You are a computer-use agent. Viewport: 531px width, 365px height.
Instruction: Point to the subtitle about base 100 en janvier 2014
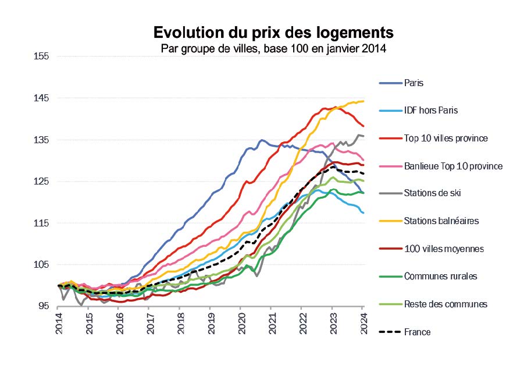tap(273, 48)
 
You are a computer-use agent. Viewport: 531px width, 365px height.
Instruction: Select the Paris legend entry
tap(414, 83)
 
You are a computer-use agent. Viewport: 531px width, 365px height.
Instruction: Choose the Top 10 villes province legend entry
tap(446, 138)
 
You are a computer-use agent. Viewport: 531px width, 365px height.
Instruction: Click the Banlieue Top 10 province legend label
tap(453, 166)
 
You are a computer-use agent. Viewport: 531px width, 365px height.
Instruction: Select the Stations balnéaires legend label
tap(438, 221)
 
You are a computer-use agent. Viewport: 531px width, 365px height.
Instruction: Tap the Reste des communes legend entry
tap(446, 304)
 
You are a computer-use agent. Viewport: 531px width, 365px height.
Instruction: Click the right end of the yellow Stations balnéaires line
tap(363, 101)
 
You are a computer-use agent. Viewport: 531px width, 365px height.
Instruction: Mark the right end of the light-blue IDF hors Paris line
tap(363, 212)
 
